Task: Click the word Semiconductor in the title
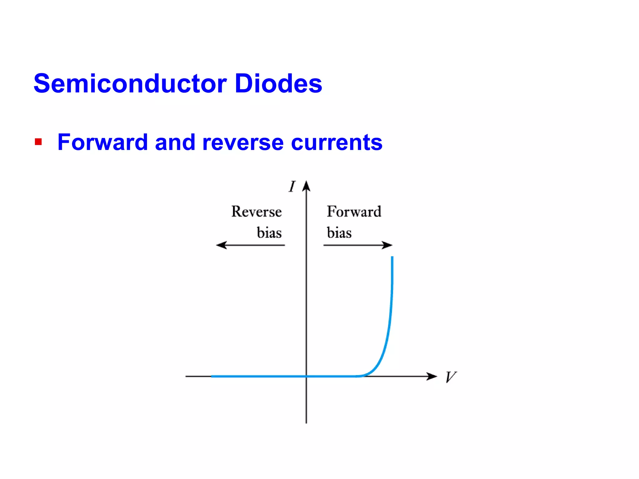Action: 130,84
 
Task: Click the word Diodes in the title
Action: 278,84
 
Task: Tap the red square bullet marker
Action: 38,142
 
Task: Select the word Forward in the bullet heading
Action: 103,142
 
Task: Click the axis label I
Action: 292,186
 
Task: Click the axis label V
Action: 450,377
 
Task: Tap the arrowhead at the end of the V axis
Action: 432,376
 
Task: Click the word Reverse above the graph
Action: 256,212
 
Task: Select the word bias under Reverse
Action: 269,233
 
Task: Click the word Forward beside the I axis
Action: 354,212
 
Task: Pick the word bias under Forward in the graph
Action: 339,233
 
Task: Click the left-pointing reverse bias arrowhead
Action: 221,245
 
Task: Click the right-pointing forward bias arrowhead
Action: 388,245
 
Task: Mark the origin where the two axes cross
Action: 306,376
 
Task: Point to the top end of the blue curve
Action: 392,257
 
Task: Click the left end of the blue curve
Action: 212,376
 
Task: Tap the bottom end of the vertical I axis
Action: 306,422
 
